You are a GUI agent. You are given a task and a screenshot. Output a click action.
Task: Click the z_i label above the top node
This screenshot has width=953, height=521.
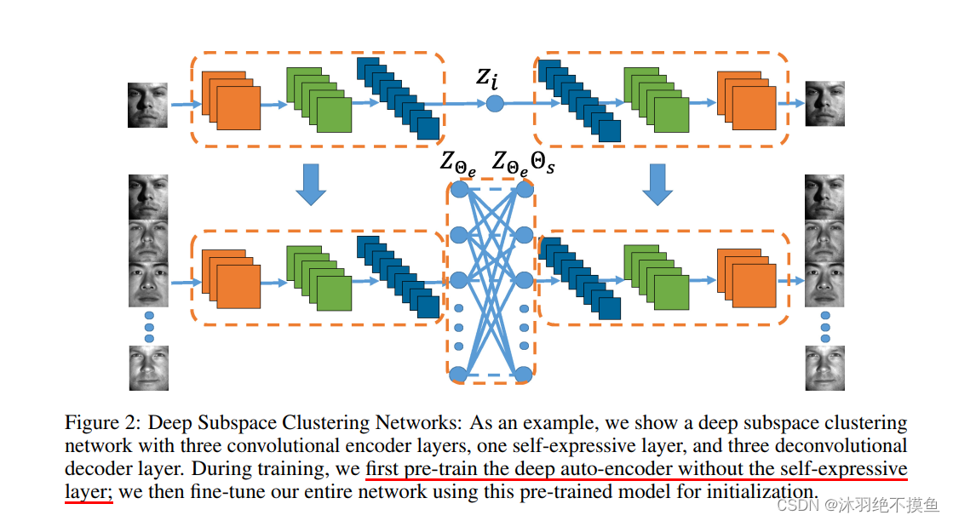tap(486, 79)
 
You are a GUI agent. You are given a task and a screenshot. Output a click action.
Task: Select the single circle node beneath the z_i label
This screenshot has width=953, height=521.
tap(495, 104)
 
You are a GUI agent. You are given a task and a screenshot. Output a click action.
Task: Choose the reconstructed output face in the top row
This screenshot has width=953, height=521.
tap(824, 104)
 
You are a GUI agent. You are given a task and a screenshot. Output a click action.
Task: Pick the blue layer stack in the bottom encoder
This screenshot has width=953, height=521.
tap(398, 277)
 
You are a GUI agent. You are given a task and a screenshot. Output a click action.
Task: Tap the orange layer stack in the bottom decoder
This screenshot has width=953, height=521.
tap(746, 277)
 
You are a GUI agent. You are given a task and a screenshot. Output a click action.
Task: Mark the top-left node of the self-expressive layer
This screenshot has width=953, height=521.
tap(459, 188)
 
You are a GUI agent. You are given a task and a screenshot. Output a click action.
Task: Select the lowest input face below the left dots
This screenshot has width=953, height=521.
tap(148, 368)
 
